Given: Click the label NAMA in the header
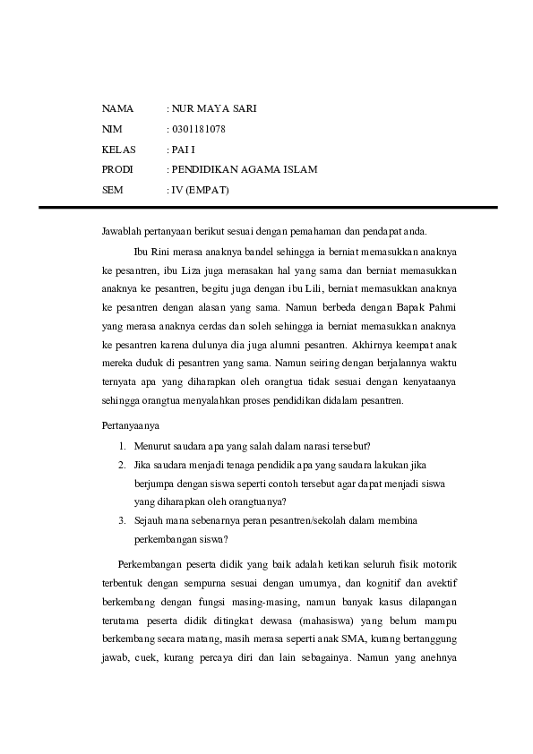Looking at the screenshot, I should [117, 108].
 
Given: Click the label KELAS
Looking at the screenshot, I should [120, 149].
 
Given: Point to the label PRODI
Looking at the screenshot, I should [119, 169].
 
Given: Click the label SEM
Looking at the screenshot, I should [113, 190].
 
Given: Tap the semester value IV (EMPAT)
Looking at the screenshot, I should [202, 190].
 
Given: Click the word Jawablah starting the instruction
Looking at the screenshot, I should [123, 231].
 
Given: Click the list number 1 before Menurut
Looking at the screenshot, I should [122, 446].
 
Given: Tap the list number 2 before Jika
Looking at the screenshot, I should [122, 466].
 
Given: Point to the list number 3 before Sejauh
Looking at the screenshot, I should [122, 520].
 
